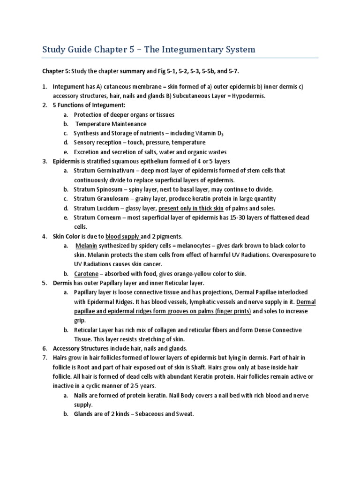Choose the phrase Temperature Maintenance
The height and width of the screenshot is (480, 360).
tap(111, 124)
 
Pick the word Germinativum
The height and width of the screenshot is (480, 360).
tap(118, 171)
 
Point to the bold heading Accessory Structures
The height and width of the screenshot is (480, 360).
tap(80, 348)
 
